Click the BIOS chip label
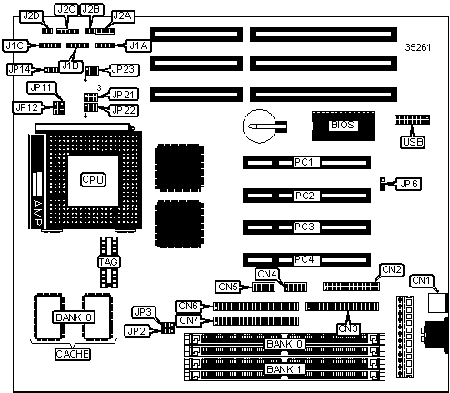(343, 125)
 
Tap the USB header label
(414, 142)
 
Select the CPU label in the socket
(93, 180)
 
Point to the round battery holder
(260, 126)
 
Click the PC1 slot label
(304, 162)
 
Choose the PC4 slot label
(305, 260)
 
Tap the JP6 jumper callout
(409, 184)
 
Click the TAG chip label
(109, 262)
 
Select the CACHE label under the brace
(73, 354)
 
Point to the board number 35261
(418, 47)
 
